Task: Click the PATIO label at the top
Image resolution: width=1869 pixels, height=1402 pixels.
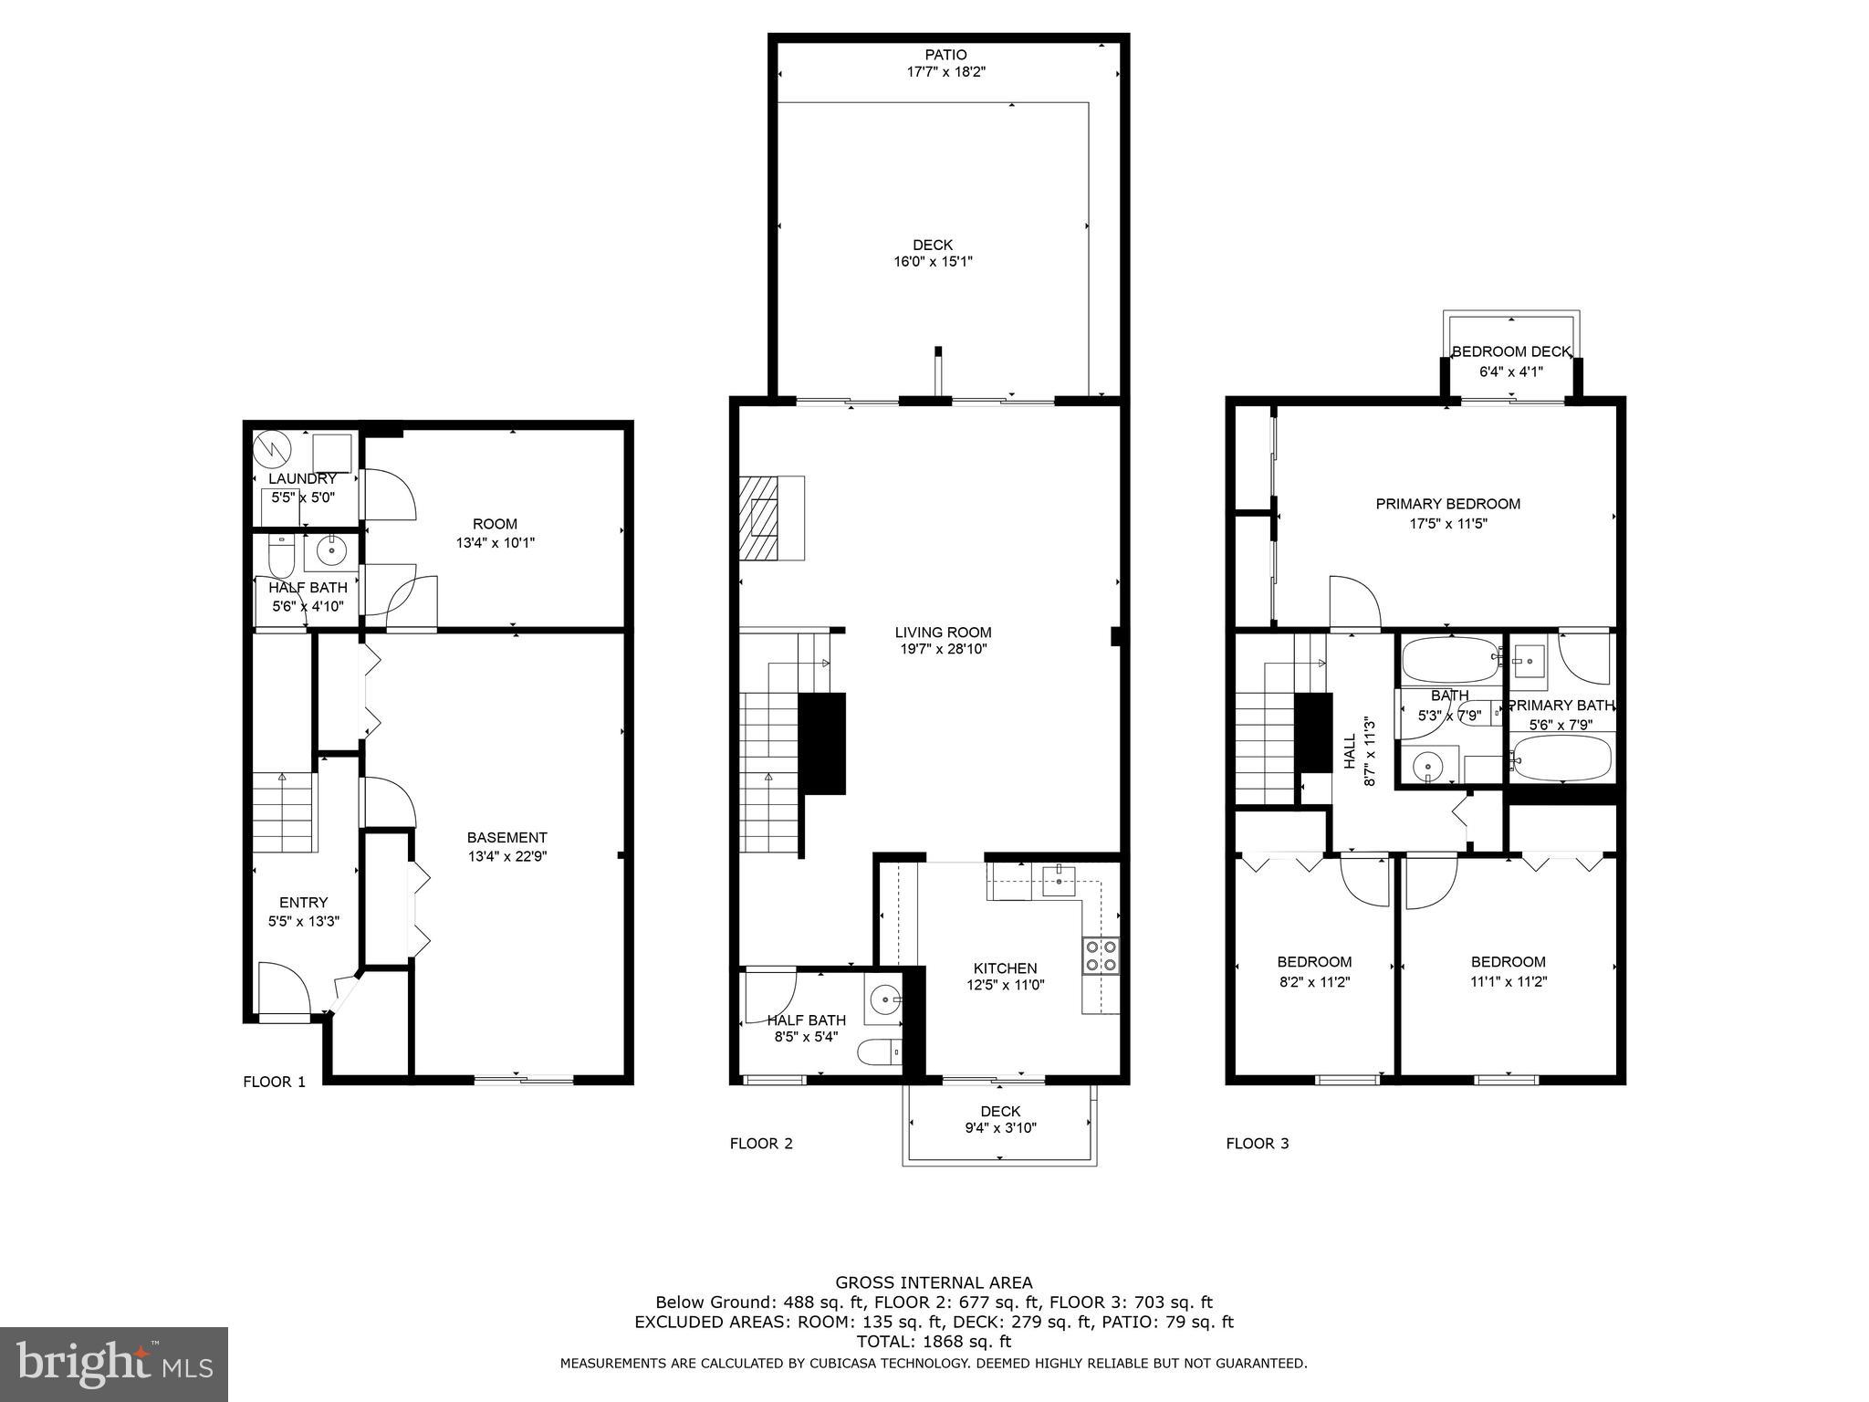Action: [x=945, y=55]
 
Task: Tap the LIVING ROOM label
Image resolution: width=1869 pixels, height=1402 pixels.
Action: [x=943, y=632]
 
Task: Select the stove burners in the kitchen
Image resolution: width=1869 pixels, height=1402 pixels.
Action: [x=1101, y=956]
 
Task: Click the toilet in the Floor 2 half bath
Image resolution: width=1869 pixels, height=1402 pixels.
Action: [x=878, y=1052]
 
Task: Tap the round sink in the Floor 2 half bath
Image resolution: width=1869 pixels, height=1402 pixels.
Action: [x=884, y=1000]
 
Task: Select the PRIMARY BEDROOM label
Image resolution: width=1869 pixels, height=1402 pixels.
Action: [x=1447, y=504]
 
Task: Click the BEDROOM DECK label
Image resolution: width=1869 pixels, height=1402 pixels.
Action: [x=1511, y=351]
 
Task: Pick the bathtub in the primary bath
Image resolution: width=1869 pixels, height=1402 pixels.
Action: [x=1561, y=758]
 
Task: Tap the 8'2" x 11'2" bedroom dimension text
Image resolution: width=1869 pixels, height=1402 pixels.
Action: [x=1314, y=982]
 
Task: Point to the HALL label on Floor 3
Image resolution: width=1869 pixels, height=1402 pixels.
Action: [x=1350, y=751]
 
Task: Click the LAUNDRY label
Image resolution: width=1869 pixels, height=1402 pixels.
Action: [x=302, y=478]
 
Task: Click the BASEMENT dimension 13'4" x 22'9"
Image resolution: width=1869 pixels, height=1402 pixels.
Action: [x=506, y=856]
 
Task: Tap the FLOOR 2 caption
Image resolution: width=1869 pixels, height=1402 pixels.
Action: [x=761, y=1144]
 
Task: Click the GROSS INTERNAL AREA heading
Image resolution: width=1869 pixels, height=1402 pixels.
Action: [x=934, y=1282]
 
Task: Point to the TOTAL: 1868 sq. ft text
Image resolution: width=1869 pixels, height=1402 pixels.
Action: [x=934, y=1342]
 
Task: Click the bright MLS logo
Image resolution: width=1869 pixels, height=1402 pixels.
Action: [x=114, y=1365]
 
